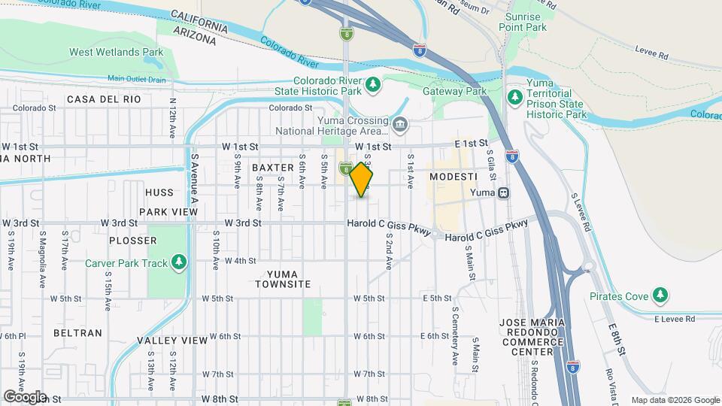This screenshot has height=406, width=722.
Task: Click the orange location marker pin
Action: pyautogui.click(x=362, y=180)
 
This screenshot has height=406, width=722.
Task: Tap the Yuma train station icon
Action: pyautogui.click(x=504, y=192)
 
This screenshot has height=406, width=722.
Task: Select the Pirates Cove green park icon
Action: pyautogui.click(x=660, y=293)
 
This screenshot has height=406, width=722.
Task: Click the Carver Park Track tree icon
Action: pyautogui.click(x=178, y=262)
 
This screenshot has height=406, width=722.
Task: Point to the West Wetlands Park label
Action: pyautogui.click(x=117, y=52)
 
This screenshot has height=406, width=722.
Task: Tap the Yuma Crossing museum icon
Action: pyautogui.click(x=399, y=123)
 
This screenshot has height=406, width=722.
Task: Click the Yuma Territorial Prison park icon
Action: pyautogui.click(x=514, y=96)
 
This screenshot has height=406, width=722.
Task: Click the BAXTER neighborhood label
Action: pyautogui.click(x=272, y=167)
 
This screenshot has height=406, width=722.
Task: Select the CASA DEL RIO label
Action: pyautogui.click(x=104, y=99)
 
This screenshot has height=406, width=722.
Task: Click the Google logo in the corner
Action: pyautogui.click(x=25, y=396)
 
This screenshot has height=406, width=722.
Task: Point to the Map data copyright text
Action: pyautogui.click(x=675, y=400)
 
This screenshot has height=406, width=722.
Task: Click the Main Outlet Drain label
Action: pyautogui.click(x=136, y=78)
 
